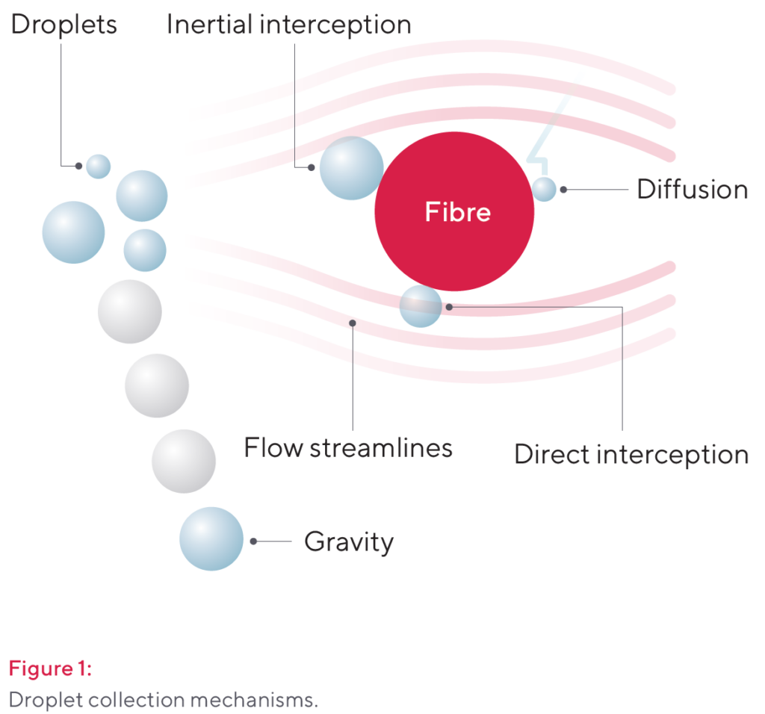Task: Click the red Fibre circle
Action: click(x=454, y=211)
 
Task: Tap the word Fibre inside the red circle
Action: click(x=458, y=211)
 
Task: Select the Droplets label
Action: click(x=64, y=25)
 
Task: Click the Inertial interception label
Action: click(x=289, y=25)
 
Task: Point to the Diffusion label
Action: click(x=693, y=189)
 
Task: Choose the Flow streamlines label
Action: click(x=348, y=447)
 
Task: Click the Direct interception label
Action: click(x=631, y=455)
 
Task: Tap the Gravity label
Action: click(x=349, y=541)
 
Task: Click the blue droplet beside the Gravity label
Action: click(x=211, y=539)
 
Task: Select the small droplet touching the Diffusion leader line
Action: click(x=544, y=189)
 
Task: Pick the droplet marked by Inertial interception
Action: click(x=351, y=168)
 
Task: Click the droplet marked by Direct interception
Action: click(x=421, y=306)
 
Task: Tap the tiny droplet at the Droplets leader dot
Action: click(x=99, y=167)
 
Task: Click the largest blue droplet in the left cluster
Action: click(x=74, y=232)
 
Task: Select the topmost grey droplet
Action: click(x=130, y=311)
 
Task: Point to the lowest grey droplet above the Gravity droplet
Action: click(x=184, y=462)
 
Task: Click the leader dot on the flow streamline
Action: click(x=353, y=323)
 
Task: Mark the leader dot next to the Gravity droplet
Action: click(x=254, y=541)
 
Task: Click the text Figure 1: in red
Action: click(x=50, y=668)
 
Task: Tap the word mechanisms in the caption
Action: click(x=254, y=701)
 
